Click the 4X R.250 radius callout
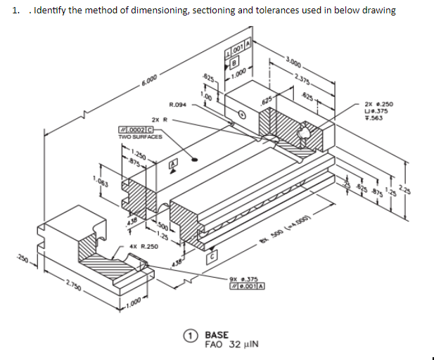click(143, 247)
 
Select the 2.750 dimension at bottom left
click(74, 288)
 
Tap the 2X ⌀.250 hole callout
click(383, 104)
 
